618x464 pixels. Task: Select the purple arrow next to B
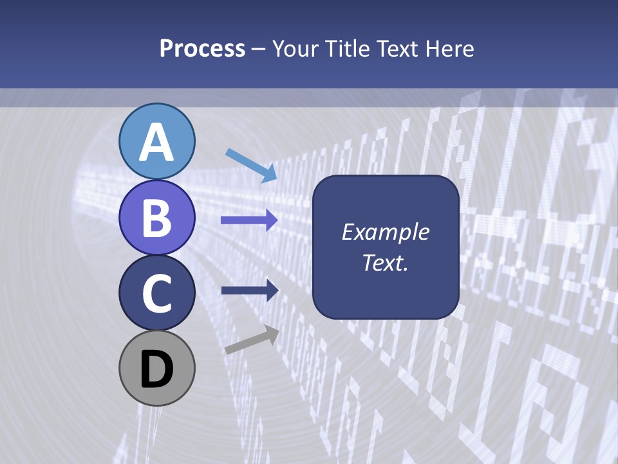click(249, 220)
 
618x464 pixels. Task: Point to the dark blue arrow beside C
click(250, 291)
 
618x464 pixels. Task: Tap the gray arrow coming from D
click(252, 340)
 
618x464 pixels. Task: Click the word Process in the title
click(202, 49)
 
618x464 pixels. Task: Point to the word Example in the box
click(386, 232)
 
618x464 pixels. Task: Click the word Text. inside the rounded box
click(386, 263)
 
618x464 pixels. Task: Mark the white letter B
click(156, 218)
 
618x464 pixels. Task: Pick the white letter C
click(156, 293)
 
